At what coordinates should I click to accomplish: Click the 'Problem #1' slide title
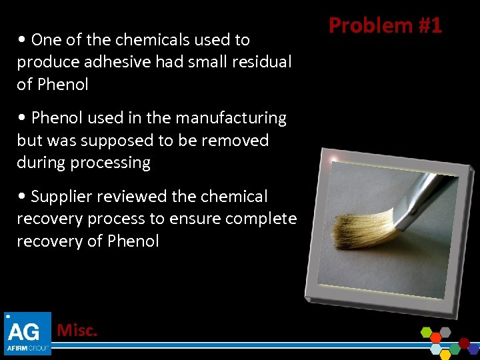(x=385, y=25)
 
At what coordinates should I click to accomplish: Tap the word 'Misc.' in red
(x=77, y=330)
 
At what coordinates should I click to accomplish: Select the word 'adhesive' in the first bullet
(x=108, y=62)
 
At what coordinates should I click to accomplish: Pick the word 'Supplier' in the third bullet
(x=60, y=197)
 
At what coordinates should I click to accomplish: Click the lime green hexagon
(x=427, y=331)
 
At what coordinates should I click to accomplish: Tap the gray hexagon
(x=445, y=331)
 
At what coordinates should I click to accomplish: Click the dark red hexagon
(x=464, y=343)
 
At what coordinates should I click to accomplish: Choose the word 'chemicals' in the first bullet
(x=151, y=39)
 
